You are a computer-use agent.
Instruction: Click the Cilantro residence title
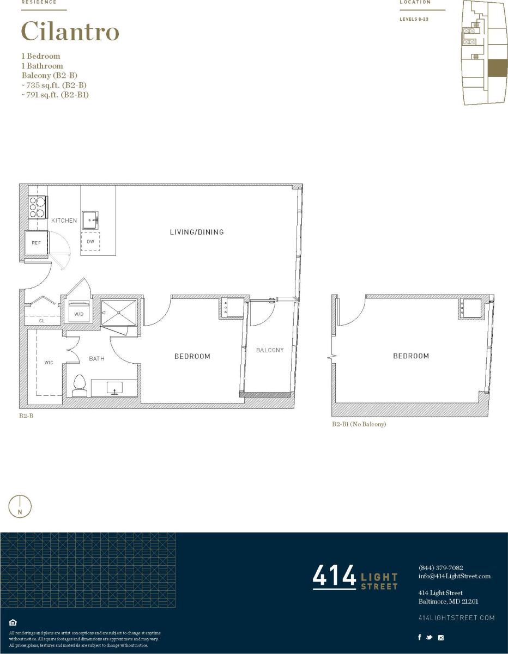coord(70,32)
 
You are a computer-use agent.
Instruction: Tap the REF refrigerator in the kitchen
coord(37,243)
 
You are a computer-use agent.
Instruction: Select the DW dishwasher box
coord(90,241)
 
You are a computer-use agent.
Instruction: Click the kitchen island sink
coord(90,219)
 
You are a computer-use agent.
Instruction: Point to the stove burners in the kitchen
coord(37,207)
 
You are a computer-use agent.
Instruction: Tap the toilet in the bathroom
coord(80,385)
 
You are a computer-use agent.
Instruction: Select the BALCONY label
coord(270,350)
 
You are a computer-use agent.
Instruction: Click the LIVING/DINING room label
coord(197,232)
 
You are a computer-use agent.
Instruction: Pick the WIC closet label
coord(49,362)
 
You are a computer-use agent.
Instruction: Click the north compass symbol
coord(20,506)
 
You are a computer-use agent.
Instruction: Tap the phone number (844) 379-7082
coord(440,568)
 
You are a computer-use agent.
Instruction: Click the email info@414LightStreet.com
coord(454,576)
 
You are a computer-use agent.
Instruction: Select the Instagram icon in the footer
coord(441,638)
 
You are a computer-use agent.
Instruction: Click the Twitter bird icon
coord(430,638)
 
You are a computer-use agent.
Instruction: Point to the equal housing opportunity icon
coord(13,622)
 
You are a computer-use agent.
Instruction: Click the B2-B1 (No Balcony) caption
coord(359,424)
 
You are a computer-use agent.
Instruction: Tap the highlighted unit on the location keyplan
coord(497,68)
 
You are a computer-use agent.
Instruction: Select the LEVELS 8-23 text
coord(415,19)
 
